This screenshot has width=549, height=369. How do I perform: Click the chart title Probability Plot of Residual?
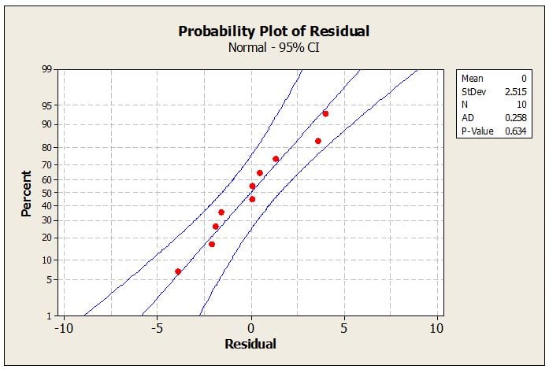274,31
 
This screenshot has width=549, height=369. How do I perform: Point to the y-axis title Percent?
27,194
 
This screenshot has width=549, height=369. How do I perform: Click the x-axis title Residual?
250,344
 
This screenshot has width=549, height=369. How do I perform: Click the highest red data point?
325,114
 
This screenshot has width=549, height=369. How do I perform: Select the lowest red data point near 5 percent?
178,271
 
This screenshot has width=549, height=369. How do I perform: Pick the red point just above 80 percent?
318,141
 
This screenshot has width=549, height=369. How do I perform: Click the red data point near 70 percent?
276,159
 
